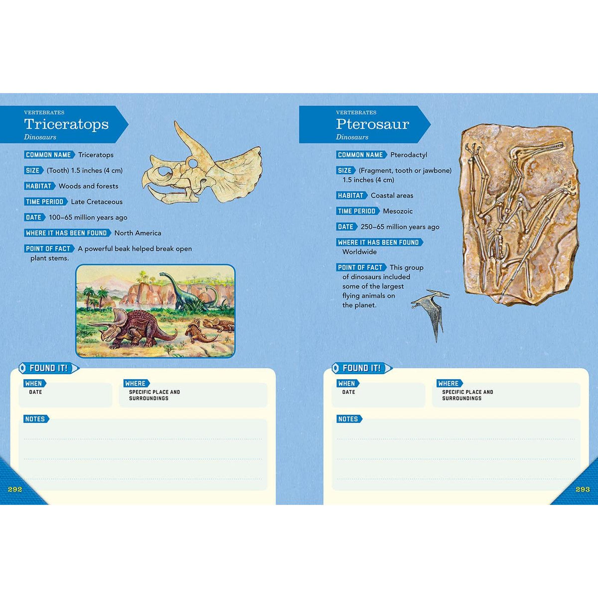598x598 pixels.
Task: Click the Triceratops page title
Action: pyautogui.click(x=66, y=124)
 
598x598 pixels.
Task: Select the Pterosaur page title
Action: pyautogui.click(x=372, y=124)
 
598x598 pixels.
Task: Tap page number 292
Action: pyautogui.click(x=15, y=489)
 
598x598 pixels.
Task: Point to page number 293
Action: pyautogui.click(x=583, y=489)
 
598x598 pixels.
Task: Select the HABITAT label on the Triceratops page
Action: pyautogui.click(x=39, y=186)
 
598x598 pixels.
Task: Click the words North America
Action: pyautogui.click(x=138, y=233)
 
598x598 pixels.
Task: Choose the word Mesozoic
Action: pyautogui.click(x=398, y=211)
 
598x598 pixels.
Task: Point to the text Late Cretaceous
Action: pyautogui.click(x=97, y=202)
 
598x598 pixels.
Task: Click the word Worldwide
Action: pyautogui.click(x=359, y=252)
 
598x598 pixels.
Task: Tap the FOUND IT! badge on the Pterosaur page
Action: pyautogui.click(x=362, y=368)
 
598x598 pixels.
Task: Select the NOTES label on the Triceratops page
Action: pyautogui.click(x=35, y=419)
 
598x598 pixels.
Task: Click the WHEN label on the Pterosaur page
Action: pyautogui.click(x=346, y=383)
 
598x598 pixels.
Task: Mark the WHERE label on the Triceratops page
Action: pyautogui.click(x=136, y=383)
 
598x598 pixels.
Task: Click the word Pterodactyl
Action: pyautogui.click(x=409, y=155)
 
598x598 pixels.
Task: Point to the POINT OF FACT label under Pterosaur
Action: pyautogui.click(x=360, y=267)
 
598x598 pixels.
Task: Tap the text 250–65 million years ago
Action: pyautogui.click(x=400, y=227)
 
